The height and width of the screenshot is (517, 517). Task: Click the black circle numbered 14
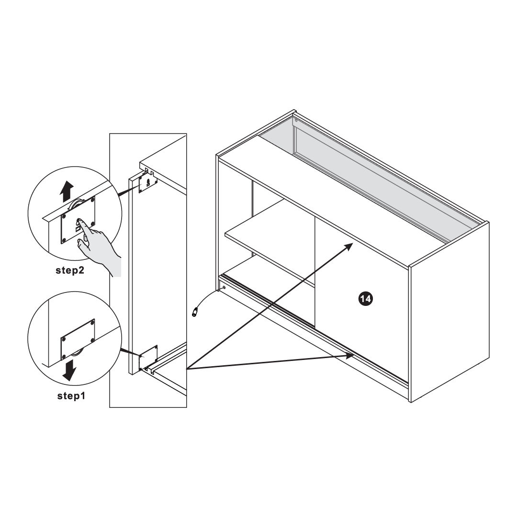pyautogui.click(x=365, y=299)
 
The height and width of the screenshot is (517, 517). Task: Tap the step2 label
pyautogui.click(x=70, y=270)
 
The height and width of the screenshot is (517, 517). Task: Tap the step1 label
pyautogui.click(x=71, y=396)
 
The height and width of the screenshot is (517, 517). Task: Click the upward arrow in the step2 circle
pyautogui.click(x=67, y=191)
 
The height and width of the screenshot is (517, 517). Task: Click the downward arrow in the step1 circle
pyautogui.click(x=69, y=370)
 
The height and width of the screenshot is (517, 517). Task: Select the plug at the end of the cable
pyautogui.click(x=195, y=312)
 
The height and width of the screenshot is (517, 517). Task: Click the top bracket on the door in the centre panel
pyautogui.click(x=147, y=183)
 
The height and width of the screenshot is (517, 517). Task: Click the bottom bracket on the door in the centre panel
pyautogui.click(x=148, y=357)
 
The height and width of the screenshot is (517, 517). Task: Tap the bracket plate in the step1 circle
pyautogui.click(x=78, y=339)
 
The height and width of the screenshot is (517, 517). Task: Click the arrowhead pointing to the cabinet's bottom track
pyautogui.click(x=349, y=356)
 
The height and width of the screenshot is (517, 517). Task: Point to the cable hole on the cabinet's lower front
pyautogui.click(x=224, y=288)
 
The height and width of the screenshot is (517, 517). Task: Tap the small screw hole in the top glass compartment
pyautogui.click(x=296, y=120)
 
